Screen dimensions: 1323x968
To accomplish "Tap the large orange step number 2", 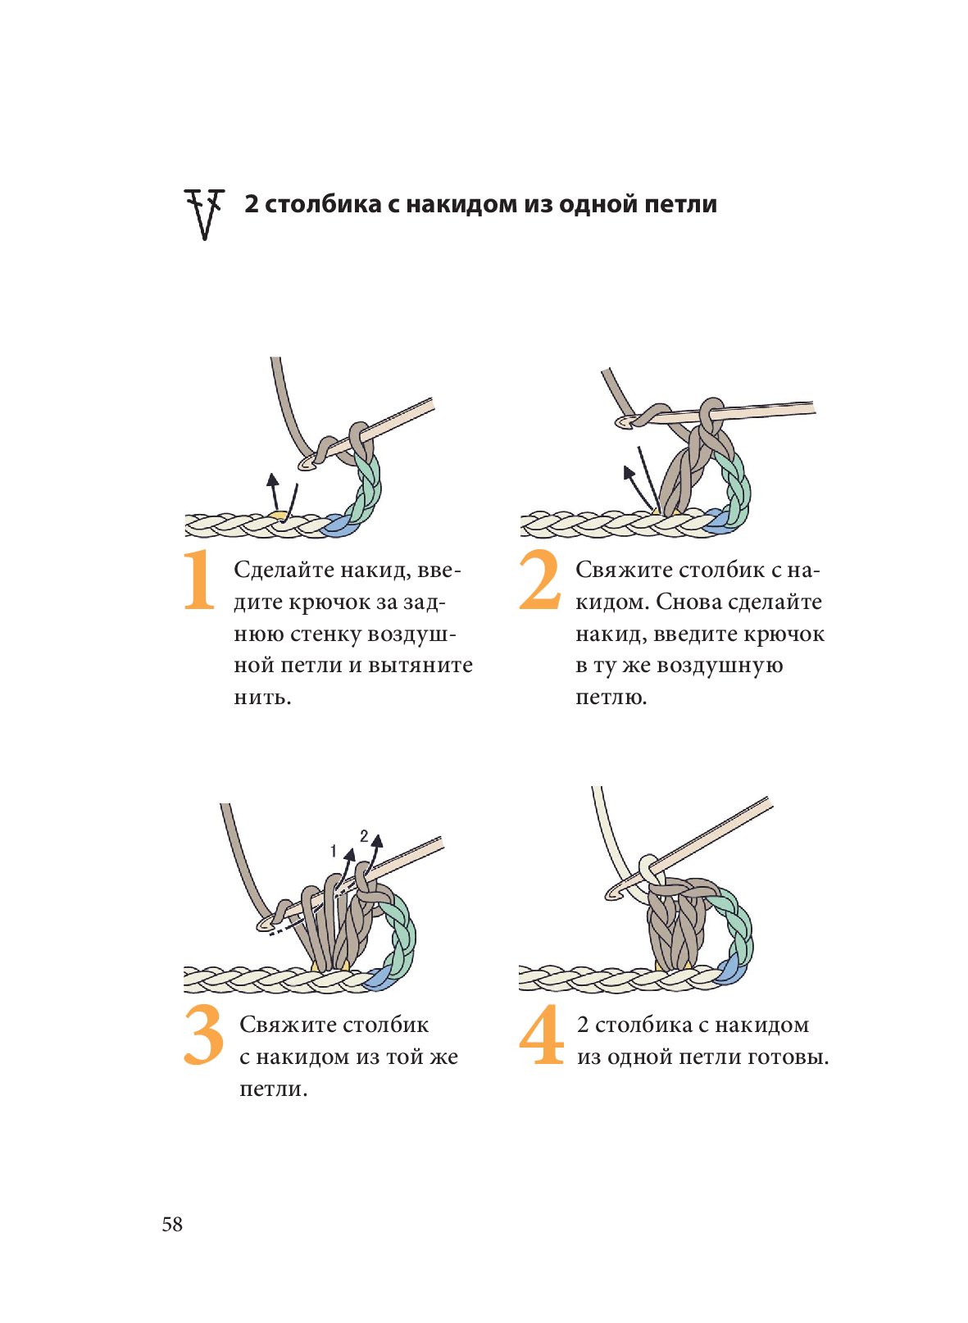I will (x=539, y=581).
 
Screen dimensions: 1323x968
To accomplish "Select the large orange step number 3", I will (x=203, y=1035).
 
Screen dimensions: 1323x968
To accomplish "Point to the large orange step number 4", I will (x=542, y=1035).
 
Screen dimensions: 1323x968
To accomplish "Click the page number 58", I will (x=172, y=1225).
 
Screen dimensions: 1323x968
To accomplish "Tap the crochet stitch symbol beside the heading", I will (x=204, y=214).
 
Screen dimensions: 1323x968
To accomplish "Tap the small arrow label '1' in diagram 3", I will (x=334, y=852).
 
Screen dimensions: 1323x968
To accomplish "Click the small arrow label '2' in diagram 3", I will (x=364, y=837).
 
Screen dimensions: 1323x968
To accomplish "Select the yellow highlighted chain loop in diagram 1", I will (x=279, y=516).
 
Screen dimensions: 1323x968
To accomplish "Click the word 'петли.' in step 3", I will (x=274, y=1090).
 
